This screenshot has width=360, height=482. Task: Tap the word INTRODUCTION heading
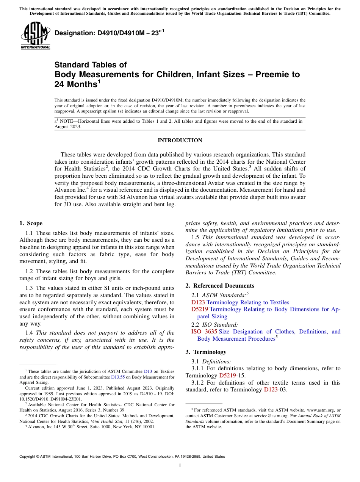tap(180, 140)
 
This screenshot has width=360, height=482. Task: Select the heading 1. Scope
tap(31, 223)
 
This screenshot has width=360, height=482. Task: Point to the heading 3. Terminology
tap(210, 352)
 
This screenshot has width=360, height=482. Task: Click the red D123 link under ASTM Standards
tap(198, 302)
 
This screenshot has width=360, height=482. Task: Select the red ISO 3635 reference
tap(204, 332)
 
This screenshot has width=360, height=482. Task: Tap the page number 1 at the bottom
tap(180, 466)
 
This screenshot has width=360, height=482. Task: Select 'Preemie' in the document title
tap(270, 74)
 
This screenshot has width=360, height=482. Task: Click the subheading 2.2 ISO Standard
tap(214, 324)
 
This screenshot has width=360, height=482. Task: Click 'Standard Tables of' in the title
tap(91, 64)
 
